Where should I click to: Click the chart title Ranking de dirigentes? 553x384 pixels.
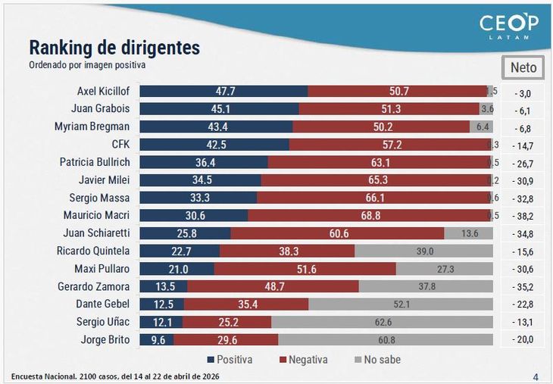tap(114, 48)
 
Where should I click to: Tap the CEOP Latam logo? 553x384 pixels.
tap(508, 27)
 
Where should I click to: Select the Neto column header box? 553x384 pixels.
tap(523, 67)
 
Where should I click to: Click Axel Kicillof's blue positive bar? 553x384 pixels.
tap(223, 91)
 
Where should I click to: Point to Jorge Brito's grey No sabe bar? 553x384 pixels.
tap(386, 340)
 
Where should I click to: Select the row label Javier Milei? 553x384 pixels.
tap(104, 180)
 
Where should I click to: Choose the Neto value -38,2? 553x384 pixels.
tap(523, 217)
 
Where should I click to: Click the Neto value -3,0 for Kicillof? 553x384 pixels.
tap(523, 92)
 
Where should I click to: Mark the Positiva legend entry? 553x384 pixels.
tap(228, 360)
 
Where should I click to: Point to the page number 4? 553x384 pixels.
tap(536, 376)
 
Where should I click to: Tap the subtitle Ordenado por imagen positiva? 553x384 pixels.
tap(87, 65)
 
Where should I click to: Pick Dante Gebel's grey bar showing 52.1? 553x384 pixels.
tap(402, 304)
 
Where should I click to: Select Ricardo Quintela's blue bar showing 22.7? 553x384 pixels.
tap(180, 251)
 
